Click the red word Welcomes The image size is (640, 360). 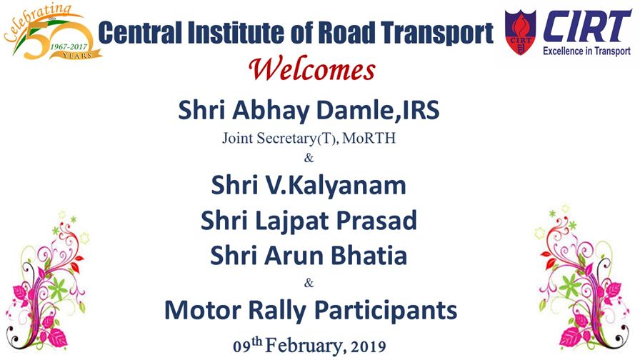click(x=312, y=69)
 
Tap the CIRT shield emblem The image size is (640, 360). click(x=520, y=32)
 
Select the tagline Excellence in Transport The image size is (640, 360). click(x=586, y=51)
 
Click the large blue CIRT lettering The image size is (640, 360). click(x=586, y=26)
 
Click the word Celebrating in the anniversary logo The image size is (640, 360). click(x=36, y=22)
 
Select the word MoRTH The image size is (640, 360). click(x=369, y=139)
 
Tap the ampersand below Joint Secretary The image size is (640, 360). click(x=309, y=158)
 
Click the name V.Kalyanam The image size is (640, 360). click(x=336, y=186)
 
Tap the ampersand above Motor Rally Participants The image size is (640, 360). click(x=309, y=282)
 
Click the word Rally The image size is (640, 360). click(x=277, y=311)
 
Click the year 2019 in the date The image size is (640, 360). click(x=368, y=347)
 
